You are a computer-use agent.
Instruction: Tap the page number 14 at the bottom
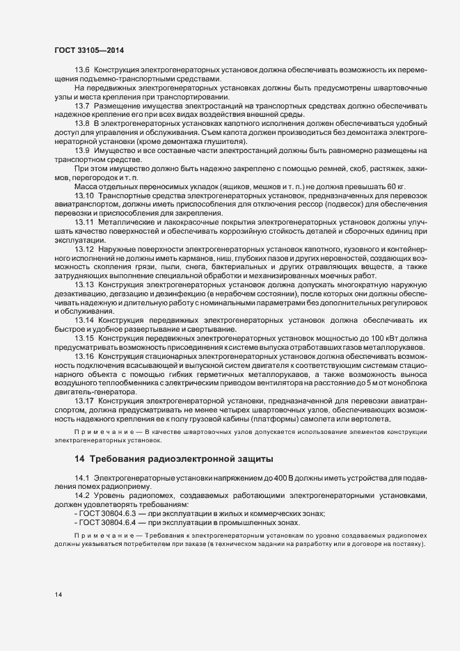point(57,594)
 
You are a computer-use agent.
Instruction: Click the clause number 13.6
point(82,70)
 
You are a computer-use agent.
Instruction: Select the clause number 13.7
point(82,104)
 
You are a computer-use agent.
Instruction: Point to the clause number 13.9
point(82,150)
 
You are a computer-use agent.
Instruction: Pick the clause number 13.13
point(84,284)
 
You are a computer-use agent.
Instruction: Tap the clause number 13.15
point(84,338)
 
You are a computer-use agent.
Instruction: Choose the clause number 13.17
point(84,401)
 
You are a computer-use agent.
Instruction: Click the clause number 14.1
point(82,477)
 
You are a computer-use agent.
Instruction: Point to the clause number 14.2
point(82,495)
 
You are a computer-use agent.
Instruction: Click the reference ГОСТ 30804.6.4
point(110,522)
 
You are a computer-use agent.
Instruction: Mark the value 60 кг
point(397,187)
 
